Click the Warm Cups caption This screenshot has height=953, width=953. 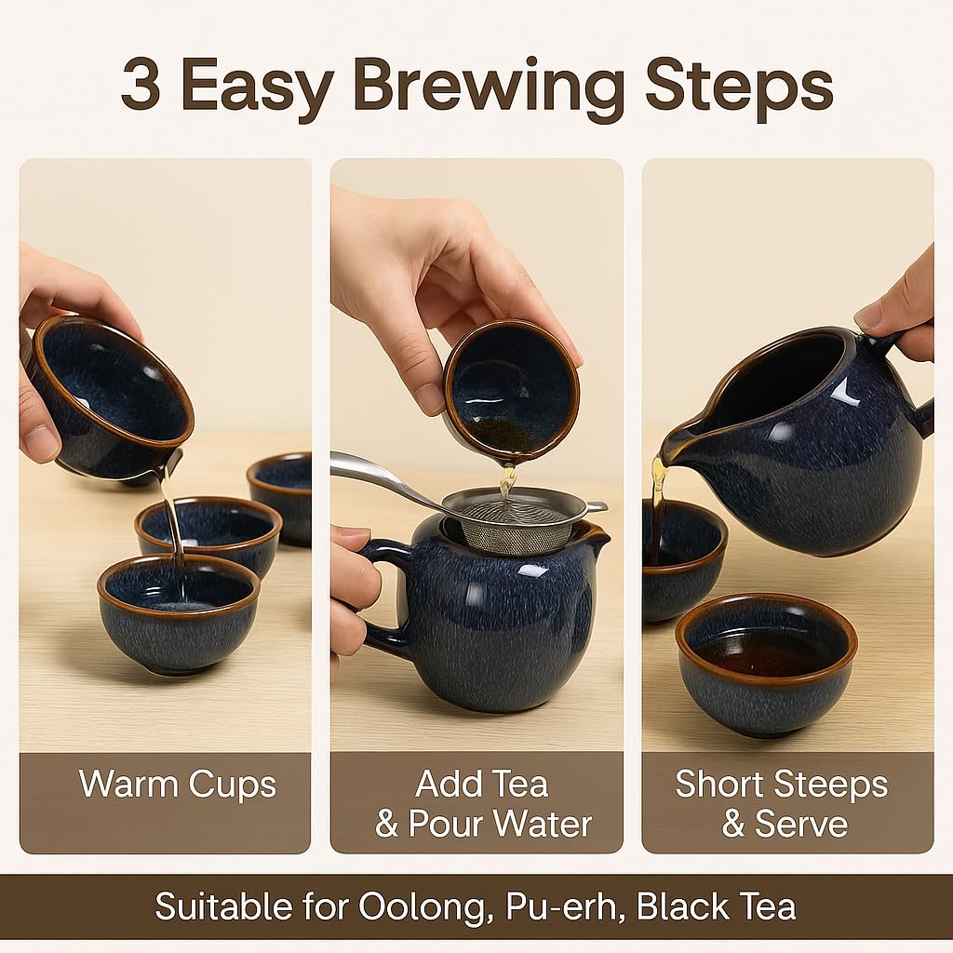tap(177, 784)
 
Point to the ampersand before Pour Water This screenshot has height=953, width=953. tap(387, 825)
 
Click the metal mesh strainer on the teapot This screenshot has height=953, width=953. tap(507, 521)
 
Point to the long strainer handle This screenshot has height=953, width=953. tap(382, 475)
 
